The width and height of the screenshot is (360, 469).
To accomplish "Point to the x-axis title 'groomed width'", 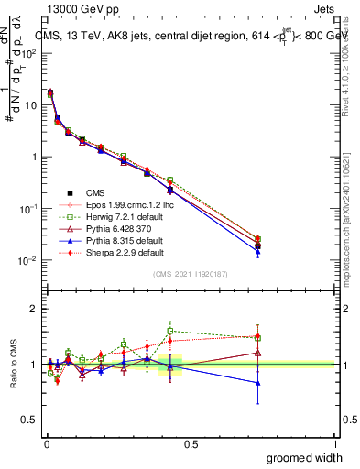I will (305, 457).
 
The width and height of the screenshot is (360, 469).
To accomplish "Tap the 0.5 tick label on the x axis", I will (191, 442).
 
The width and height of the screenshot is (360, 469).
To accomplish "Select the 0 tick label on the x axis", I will (47, 442).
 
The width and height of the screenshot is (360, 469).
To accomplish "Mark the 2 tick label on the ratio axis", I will (35, 309).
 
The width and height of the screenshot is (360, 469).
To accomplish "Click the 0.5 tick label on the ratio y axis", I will (31, 420).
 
